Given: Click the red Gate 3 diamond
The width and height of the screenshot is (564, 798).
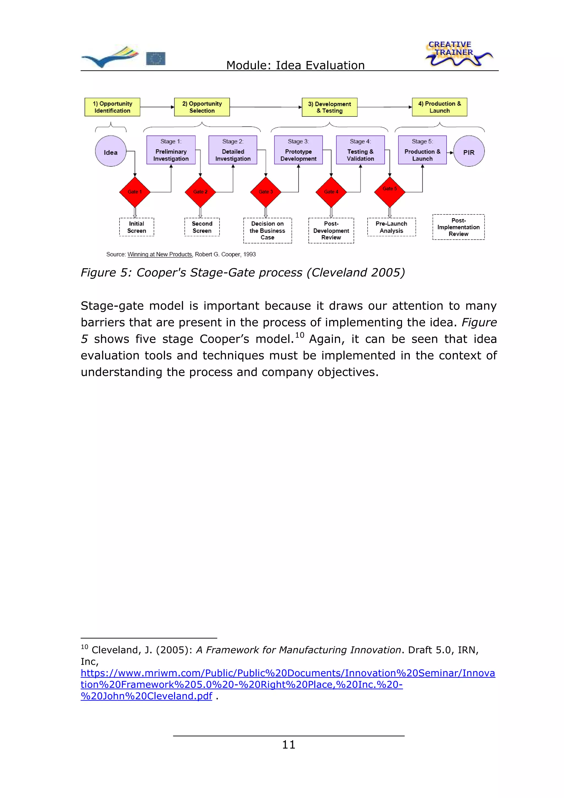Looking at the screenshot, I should tap(265, 192).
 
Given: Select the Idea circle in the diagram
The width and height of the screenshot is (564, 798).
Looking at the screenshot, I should tap(110, 151).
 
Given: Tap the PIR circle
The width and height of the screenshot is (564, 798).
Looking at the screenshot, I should tap(468, 151).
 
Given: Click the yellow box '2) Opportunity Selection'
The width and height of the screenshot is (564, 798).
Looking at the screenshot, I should tap(202, 107).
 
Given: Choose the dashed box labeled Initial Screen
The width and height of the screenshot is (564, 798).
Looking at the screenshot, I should tap(137, 227).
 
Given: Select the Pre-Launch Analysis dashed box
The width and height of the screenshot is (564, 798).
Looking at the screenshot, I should tap(391, 227).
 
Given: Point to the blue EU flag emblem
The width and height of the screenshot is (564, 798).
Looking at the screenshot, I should tap(156, 58).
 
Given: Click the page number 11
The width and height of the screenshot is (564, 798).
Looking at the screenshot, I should tap(288, 745).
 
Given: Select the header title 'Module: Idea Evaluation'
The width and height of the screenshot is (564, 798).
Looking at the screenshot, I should tap(295, 65).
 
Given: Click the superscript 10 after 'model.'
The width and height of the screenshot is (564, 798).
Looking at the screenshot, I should tap(300, 335).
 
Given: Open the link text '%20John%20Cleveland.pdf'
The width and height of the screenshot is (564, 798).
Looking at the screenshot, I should tap(146, 696).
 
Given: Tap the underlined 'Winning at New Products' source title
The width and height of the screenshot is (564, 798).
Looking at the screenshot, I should tap(159, 254).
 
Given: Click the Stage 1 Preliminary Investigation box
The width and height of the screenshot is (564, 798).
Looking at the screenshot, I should tap(171, 150).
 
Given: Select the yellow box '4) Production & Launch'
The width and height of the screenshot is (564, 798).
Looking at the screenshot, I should tap(439, 107).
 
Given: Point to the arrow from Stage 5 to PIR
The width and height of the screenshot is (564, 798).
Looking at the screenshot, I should tap(450, 153).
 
